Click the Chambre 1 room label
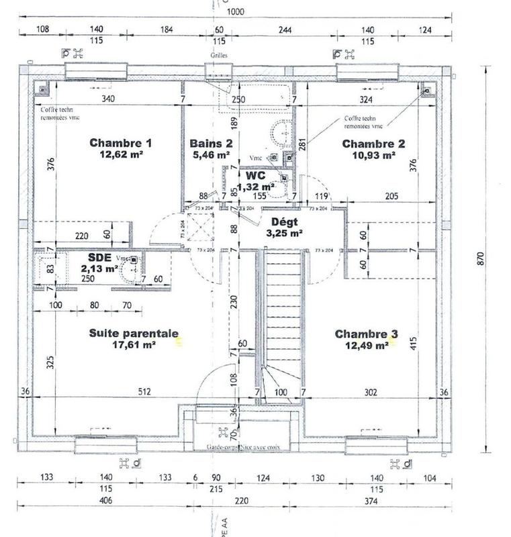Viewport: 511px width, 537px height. [121, 143]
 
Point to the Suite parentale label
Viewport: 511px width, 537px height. [134, 333]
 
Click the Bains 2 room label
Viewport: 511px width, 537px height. [211, 143]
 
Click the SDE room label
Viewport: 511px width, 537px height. [101, 257]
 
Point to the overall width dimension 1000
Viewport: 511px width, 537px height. [235, 11]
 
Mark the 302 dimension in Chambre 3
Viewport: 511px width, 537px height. [369, 391]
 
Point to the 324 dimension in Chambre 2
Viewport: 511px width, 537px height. [365, 99]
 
